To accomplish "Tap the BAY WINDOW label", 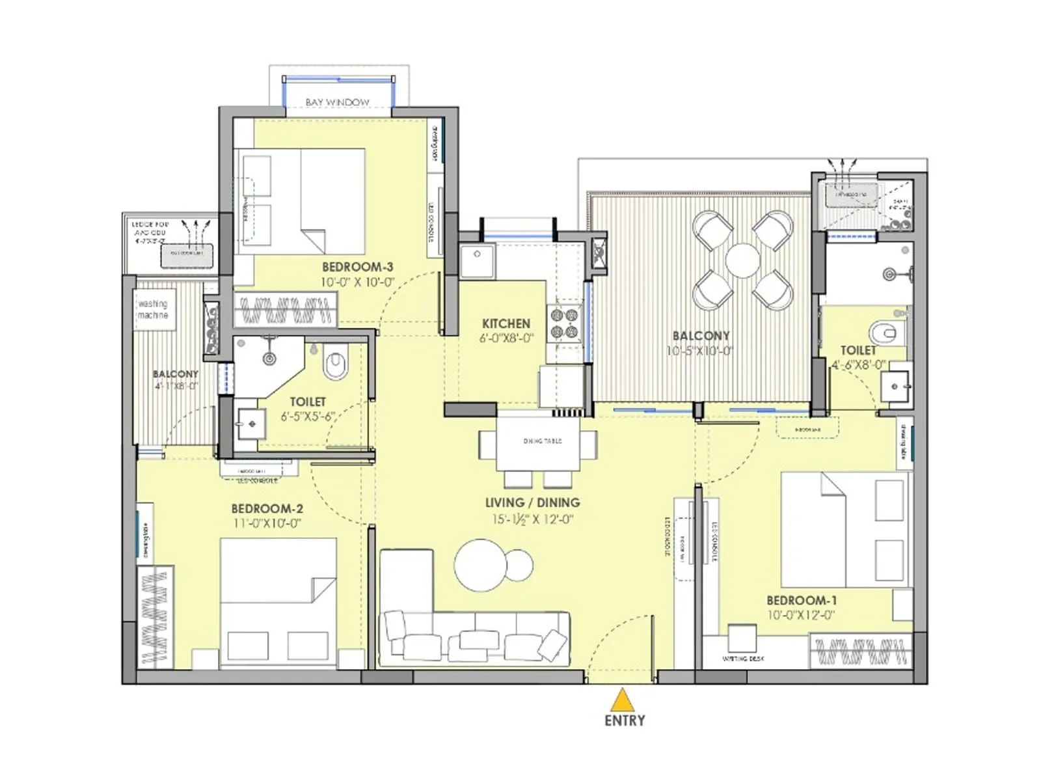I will click(x=337, y=102).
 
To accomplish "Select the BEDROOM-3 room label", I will click(x=357, y=267).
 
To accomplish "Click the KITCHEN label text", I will click(x=506, y=323).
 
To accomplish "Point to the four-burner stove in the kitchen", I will click(x=564, y=323).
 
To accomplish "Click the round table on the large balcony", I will click(x=742, y=261).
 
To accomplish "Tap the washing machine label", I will click(x=153, y=309).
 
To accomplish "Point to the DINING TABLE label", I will click(x=542, y=441).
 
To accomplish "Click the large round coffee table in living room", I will click(x=480, y=565).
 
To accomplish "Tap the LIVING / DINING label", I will click(x=532, y=502).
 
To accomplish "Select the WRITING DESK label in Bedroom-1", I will click(x=743, y=659).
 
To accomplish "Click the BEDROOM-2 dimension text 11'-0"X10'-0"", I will click(x=267, y=523).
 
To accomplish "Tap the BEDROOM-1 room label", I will click(x=802, y=600).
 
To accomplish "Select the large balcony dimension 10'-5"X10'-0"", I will click(x=700, y=351).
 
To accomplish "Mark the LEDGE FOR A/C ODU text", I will click(x=150, y=228).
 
